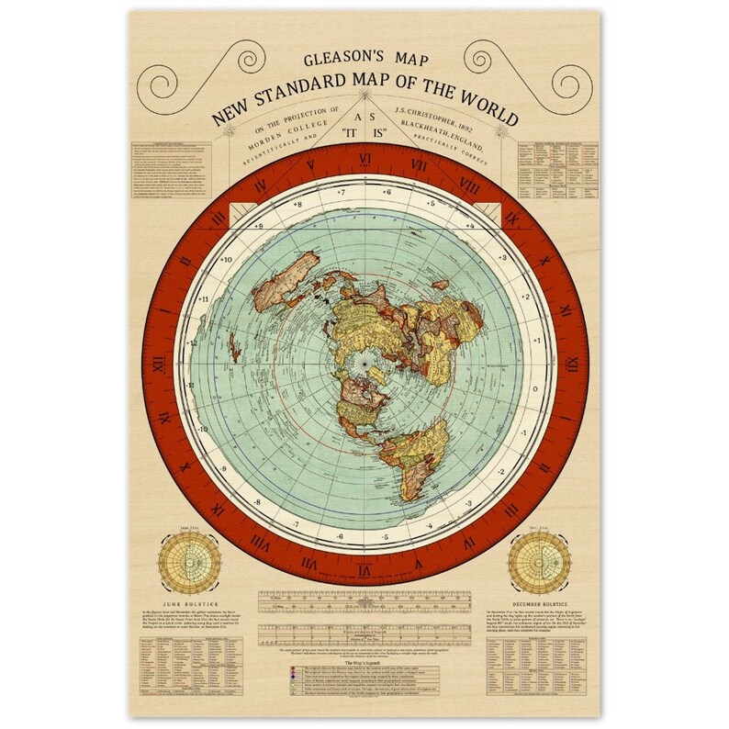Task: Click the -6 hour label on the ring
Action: point(339,536)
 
